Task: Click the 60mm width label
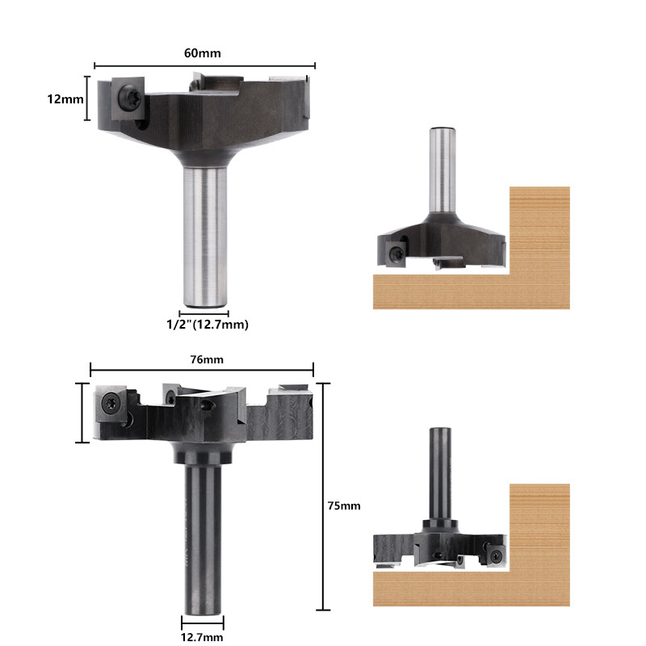(x=203, y=52)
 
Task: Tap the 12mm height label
(x=65, y=99)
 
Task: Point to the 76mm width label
(x=202, y=359)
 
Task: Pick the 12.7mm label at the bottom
(x=202, y=637)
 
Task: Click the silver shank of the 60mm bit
(x=203, y=234)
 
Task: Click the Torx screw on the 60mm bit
(x=128, y=97)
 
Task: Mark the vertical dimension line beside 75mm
(x=323, y=497)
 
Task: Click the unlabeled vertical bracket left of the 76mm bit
(x=81, y=413)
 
